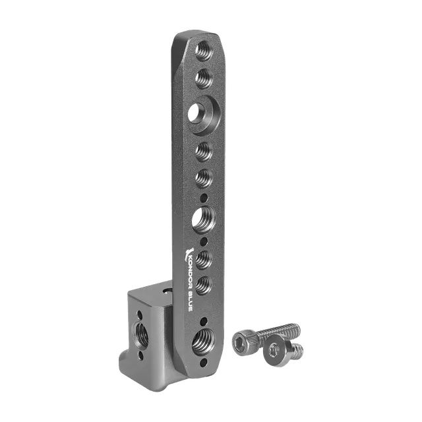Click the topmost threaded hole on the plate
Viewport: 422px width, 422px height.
[x=204, y=50]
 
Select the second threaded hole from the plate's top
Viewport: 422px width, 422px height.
[x=204, y=78]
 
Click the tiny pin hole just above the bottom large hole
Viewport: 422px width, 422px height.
[x=204, y=321]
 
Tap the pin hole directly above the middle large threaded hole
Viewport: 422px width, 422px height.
[x=204, y=198]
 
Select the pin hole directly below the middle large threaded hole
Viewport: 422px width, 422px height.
[x=204, y=241]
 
